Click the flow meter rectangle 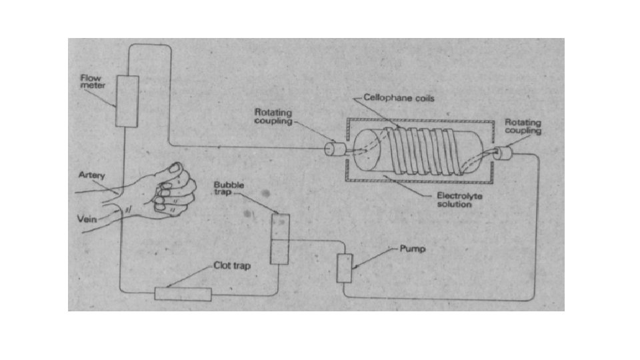(x=127, y=101)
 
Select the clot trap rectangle (x=183, y=293)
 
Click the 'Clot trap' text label (x=231, y=266)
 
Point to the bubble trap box (x=280, y=239)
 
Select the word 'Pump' (x=412, y=249)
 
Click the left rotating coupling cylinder (x=333, y=149)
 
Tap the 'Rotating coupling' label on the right (x=523, y=127)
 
